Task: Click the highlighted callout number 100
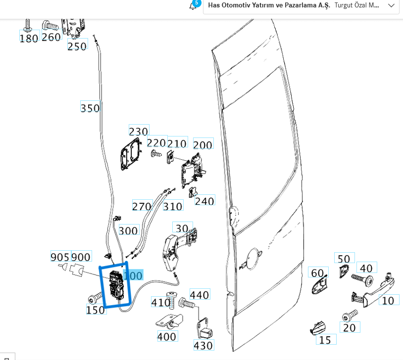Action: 133,275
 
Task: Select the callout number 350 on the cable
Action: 90,108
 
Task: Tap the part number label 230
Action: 138,131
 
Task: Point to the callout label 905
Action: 60,257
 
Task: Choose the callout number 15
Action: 325,340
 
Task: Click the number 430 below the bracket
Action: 203,345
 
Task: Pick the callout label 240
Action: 204,201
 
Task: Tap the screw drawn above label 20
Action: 350,315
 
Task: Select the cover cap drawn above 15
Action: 317,326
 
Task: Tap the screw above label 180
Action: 28,24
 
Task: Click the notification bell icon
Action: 193,6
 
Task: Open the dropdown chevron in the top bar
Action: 391,5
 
